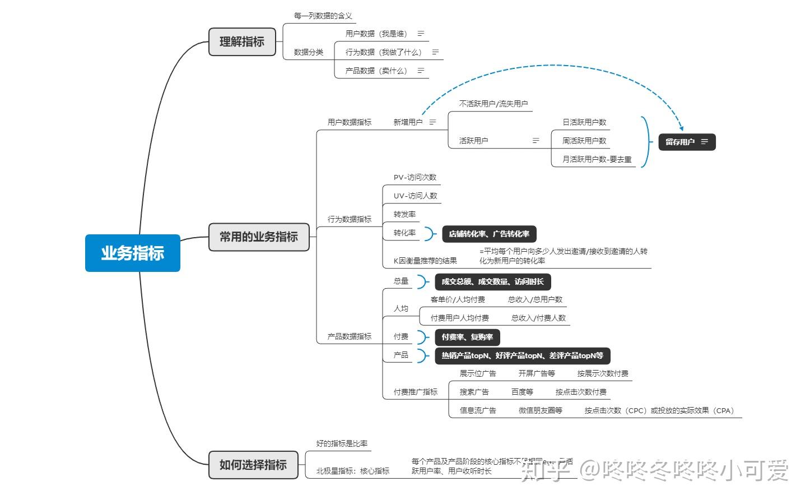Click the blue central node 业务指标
tap(133, 253)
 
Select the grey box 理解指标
tap(242, 41)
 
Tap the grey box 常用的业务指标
tap(258, 237)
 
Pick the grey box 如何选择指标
tap(253, 465)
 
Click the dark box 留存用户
tap(686, 142)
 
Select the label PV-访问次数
tap(415, 177)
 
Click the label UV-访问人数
tap(415, 196)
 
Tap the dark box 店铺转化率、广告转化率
tap(489, 234)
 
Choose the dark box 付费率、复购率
tap(467, 337)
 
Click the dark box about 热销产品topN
tap(522, 355)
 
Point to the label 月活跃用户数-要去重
tap(597, 159)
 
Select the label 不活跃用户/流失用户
tap(493, 104)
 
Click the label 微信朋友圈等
tap(540, 410)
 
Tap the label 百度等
tap(522, 392)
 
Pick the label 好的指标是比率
tap(342, 443)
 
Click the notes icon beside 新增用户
tap(432, 122)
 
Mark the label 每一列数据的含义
tap(323, 16)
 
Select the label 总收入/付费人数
tap(538, 318)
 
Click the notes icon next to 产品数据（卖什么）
tap(421, 71)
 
